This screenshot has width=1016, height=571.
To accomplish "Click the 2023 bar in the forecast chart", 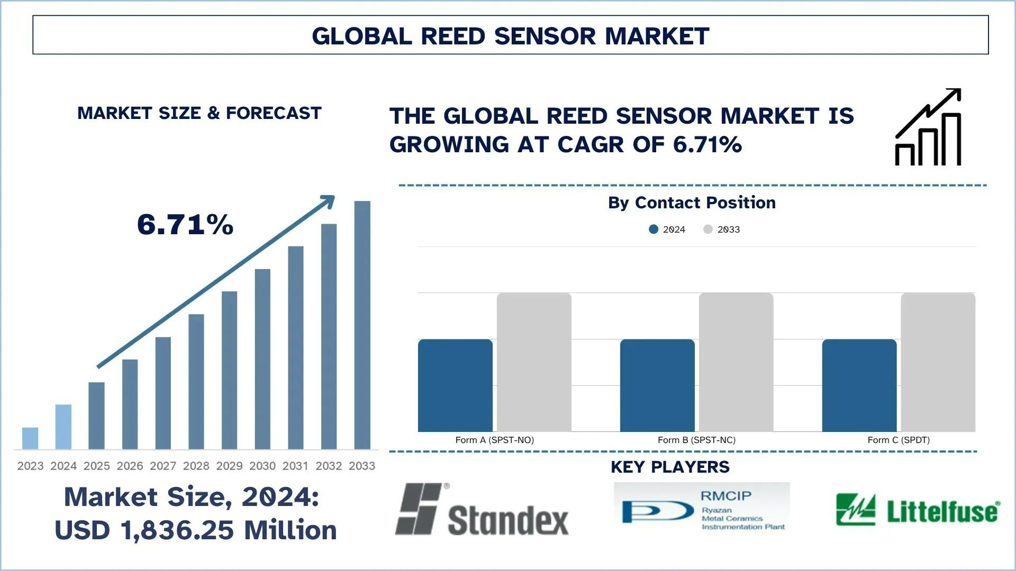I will [x=30, y=438].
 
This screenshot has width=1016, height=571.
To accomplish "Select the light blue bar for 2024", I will [x=63, y=427].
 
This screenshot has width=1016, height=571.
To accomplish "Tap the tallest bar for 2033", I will [x=362, y=325].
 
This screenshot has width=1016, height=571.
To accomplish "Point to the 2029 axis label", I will [x=229, y=466].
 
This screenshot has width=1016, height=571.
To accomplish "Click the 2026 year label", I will [x=130, y=466].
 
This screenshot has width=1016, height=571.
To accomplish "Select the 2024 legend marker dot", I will [x=654, y=229].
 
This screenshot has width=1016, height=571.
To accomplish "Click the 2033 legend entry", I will [x=722, y=229].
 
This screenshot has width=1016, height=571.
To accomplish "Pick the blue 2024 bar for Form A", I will [x=455, y=385].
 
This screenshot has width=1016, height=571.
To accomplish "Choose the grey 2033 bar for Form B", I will [x=736, y=362].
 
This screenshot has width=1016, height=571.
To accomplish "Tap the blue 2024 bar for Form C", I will [x=859, y=385].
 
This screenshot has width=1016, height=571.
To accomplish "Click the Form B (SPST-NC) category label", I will [x=696, y=440].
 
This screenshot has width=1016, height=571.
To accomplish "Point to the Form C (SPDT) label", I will [x=898, y=440].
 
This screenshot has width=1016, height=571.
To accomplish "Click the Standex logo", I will [x=482, y=510].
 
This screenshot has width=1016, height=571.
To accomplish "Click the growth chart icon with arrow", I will [x=928, y=127].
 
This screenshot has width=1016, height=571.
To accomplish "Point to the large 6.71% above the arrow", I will [x=185, y=225].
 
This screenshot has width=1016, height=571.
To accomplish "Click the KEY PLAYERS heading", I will [x=670, y=467].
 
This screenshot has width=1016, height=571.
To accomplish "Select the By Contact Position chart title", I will [x=692, y=202].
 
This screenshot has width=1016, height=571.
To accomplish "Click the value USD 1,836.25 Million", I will [x=195, y=530].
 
